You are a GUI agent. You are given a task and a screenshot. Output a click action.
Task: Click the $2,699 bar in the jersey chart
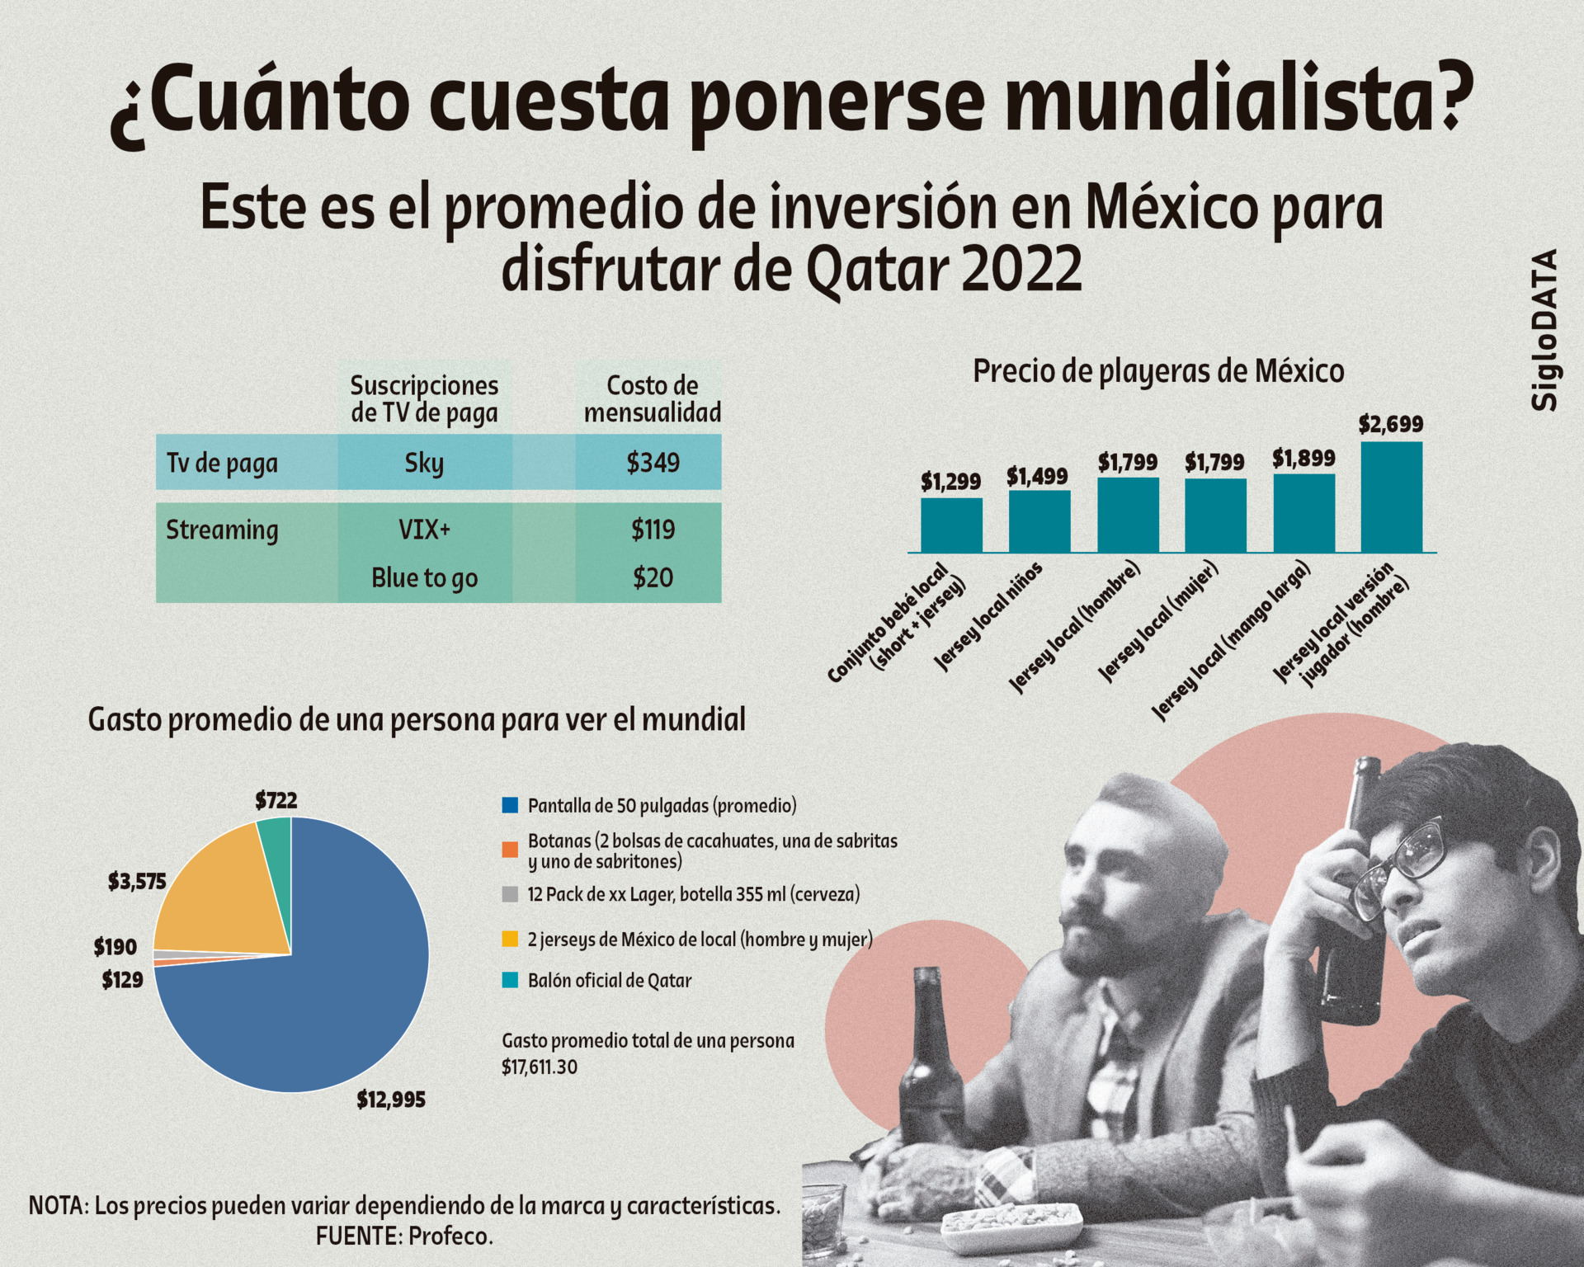point(1391,497)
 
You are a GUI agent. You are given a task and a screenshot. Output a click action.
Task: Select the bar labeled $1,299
point(951,525)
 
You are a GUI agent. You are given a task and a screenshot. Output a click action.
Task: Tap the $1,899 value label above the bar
point(1303,458)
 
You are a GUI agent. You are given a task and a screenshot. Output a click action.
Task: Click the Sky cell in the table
point(424,463)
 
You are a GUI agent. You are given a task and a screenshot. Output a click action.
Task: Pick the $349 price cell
point(653,463)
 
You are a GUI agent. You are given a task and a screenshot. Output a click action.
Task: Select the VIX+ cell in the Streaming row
point(424,529)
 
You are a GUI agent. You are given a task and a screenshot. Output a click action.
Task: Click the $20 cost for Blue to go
point(653,577)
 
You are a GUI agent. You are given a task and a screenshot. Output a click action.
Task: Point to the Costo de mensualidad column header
point(652,398)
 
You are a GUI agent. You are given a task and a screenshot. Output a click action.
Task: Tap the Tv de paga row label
point(222,463)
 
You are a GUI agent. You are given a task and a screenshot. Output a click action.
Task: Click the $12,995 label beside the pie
point(391,1100)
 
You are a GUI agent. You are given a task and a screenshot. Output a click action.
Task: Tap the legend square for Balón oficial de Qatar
point(511,980)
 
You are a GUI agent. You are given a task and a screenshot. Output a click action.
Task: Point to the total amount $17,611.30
point(540,1067)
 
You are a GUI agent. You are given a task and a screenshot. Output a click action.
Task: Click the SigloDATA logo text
point(1544,330)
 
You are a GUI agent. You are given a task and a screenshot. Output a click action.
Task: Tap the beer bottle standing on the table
point(931,1064)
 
